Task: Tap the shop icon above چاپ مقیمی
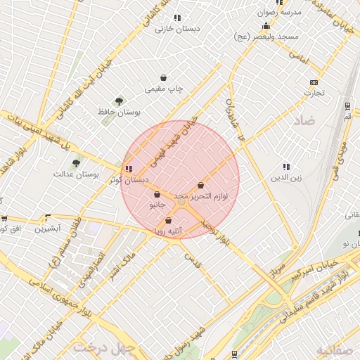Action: tap(164, 78)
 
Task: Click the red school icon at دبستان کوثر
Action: tap(127, 169)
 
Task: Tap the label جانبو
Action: tap(157, 205)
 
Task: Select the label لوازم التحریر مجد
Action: tap(201, 196)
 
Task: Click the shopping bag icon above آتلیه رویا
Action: tap(168, 220)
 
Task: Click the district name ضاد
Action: tap(307, 120)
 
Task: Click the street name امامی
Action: tap(299, 58)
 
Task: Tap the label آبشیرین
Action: tap(49, 229)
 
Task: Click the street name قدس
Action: tap(192, 261)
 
